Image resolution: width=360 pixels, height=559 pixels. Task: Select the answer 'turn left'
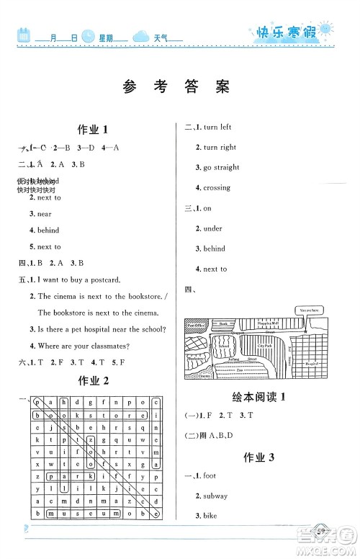tap(217, 128)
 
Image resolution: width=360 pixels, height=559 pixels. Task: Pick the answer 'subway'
tap(215, 496)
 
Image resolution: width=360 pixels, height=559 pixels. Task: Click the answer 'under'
tap(212, 228)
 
